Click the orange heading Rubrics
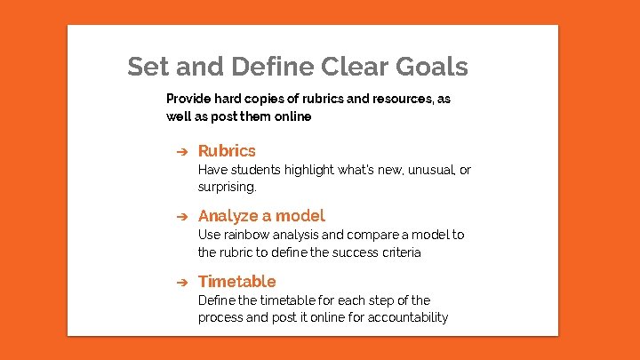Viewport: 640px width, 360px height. pos(227,151)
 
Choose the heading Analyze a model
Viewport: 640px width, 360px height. pos(261,216)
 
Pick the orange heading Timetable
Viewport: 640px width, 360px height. pos(236,282)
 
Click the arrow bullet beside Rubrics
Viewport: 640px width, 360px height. pos(179,151)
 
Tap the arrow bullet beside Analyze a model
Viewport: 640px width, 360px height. pos(179,216)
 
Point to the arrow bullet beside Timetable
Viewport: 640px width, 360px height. pos(179,282)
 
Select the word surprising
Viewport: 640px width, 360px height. pos(227,188)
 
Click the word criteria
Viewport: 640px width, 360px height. pos(399,252)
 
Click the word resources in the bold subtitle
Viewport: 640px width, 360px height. pos(385,99)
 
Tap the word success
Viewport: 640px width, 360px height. pos(349,252)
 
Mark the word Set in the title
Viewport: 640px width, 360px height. pos(147,67)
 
